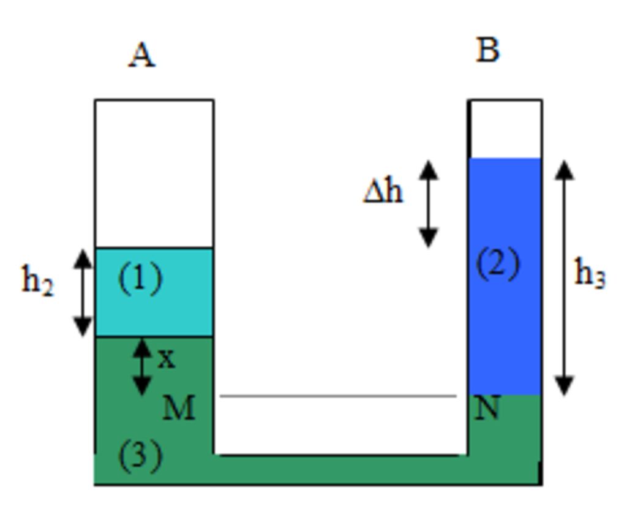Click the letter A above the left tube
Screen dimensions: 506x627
141,56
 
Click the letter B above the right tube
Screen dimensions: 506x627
487,50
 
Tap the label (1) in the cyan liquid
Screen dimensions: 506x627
140,279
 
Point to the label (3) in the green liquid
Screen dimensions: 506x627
140,455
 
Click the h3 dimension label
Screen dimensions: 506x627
590,273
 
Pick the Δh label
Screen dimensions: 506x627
383,192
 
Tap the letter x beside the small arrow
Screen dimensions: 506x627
166,359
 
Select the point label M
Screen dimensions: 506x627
179,408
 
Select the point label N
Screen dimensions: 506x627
487,408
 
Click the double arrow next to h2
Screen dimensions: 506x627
83,293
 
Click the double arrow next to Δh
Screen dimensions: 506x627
429,204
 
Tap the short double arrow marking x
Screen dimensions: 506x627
142,366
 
